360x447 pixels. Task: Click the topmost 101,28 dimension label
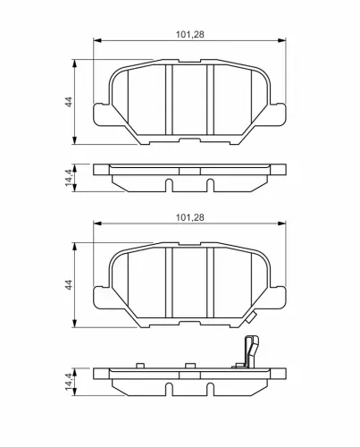click(x=190, y=35)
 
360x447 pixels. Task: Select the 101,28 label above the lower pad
click(x=190, y=217)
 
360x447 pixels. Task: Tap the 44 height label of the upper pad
click(x=69, y=102)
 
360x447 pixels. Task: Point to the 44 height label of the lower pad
click(x=69, y=285)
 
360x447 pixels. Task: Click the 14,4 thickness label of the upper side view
click(x=69, y=178)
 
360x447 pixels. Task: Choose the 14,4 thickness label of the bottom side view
click(x=69, y=382)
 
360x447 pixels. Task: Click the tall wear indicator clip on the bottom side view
click(x=251, y=351)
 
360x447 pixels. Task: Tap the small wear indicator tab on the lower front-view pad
click(x=252, y=317)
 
